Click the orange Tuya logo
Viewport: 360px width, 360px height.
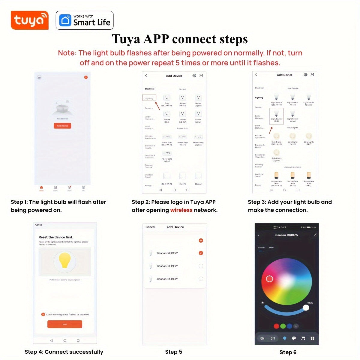click(29, 20)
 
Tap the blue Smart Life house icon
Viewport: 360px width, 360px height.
click(65, 20)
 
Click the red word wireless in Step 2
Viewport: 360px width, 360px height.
click(181, 210)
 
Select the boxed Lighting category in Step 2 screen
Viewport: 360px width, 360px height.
click(149, 98)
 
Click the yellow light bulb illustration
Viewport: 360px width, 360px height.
click(64, 260)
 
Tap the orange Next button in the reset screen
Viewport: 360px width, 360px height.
click(64, 324)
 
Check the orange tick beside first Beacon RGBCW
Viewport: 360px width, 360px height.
click(201, 253)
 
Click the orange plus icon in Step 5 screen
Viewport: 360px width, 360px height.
click(201, 240)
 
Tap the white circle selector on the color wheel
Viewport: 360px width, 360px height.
click(269, 279)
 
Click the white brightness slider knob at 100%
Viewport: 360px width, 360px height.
click(306, 307)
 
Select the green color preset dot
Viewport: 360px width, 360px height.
click(283, 326)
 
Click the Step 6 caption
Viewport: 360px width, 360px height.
click(288, 352)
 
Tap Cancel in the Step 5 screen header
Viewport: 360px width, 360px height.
click(150, 227)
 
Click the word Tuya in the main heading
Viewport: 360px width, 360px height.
click(126, 39)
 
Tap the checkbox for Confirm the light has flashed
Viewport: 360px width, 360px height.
click(43, 314)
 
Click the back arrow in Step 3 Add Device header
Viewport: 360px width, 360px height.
click(256, 75)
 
